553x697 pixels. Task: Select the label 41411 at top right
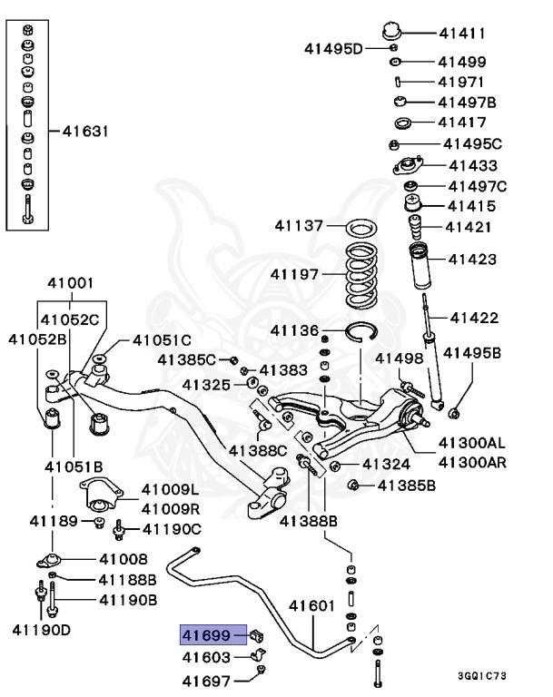[462, 34]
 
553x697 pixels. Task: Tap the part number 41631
[85, 131]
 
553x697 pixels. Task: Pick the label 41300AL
[472, 443]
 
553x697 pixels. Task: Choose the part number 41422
[474, 317]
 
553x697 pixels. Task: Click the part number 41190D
[41, 628]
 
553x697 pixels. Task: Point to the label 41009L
[169, 491]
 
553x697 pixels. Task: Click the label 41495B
[475, 352]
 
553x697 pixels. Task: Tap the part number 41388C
[257, 450]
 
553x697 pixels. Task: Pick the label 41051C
[162, 340]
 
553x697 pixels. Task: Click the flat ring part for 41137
[361, 225]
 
